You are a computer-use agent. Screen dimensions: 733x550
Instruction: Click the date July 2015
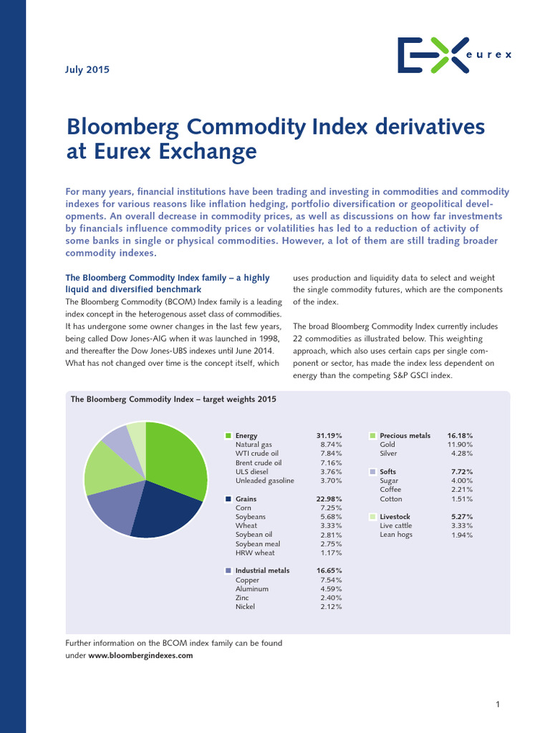pyautogui.click(x=87, y=69)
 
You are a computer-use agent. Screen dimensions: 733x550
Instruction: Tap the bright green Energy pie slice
pyautogui.click(x=178, y=458)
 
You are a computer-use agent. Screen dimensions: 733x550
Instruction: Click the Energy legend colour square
pyautogui.click(x=228, y=435)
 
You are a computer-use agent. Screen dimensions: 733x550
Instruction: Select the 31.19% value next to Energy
pyautogui.click(x=329, y=435)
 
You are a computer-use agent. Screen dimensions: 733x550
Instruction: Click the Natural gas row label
pyautogui.click(x=254, y=445)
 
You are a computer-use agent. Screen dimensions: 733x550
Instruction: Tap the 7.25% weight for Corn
pyautogui.click(x=331, y=508)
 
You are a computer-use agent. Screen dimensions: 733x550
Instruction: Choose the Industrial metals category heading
pyautogui.click(x=262, y=571)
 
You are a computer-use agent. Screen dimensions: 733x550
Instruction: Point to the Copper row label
pyautogui.click(x=248, y=580)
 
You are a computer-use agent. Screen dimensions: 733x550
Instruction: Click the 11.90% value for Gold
pyautogui.click(x=460, y=445)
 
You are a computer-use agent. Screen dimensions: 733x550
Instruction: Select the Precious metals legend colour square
pyautogui.click(x=373, y=435)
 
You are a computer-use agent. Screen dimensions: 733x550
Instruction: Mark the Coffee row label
pyautogui.click(x=390, y=490)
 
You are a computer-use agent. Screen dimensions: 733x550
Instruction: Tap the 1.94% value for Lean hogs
pyautogui.click(x=462, y=535)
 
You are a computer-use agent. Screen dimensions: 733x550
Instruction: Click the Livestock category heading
pyautogui.click(x=397, y=517)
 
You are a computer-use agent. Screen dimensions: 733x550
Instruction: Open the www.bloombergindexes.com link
pyautogui.click(x=140, y=655)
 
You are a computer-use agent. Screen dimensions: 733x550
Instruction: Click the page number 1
pyautogui.click(x=498, y=705)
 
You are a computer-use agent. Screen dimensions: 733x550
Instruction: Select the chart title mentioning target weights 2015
pyautogui.click(x=173, y=399)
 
